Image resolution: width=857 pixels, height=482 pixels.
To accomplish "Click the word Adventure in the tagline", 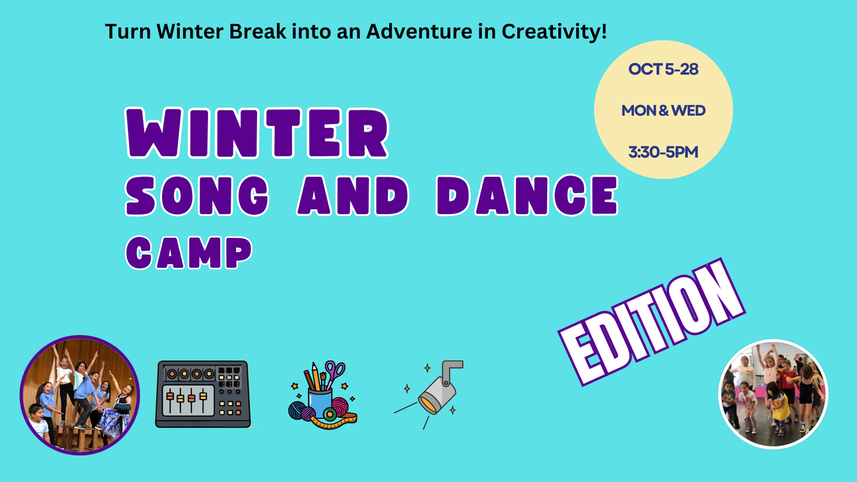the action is pyautogui.click(x=419, y=31).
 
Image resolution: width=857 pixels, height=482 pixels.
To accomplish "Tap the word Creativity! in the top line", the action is pyautogui.click(x=554, y=32).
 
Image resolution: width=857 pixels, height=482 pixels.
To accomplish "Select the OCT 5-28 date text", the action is pyautogui.click(x=663, y=69).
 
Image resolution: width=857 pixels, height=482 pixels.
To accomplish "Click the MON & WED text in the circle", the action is pyautogui.click(x=663, y=111).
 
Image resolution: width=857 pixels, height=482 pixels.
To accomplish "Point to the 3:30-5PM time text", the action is pyautogui.click(x=663, y=152).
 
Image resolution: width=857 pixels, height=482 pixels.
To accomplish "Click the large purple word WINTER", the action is pyautogui.click(x=257, y=133).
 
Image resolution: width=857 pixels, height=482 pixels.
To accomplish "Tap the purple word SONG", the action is pyautogui.click(x=197, y=196).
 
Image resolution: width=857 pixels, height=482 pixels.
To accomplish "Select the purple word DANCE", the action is pyautogui.click(x=527, y=195).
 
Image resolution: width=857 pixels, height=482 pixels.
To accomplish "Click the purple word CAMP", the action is pyautogui.click(x=189, y=253).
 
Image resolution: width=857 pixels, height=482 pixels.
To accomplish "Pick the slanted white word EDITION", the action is pyautogui.click(x=651, y=322).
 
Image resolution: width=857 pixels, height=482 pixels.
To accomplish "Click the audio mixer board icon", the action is pyautogui.click(x=203, y=394).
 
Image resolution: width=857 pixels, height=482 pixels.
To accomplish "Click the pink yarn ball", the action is pyautogui.click(x=340, y=406).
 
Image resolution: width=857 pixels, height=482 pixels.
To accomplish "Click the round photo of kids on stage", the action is pyautogui.click(x=80, y=395).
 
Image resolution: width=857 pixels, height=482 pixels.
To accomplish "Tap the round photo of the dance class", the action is pyautogui.click(x=773, y=394).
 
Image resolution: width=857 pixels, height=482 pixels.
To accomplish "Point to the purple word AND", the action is pyautogui.click(x=353, y=195).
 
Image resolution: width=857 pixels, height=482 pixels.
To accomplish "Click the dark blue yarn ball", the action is pyautogui.click(x=298, y=410).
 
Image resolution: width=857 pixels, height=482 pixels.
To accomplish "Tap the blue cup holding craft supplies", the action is pyautogui.click(x=320, y=402).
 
